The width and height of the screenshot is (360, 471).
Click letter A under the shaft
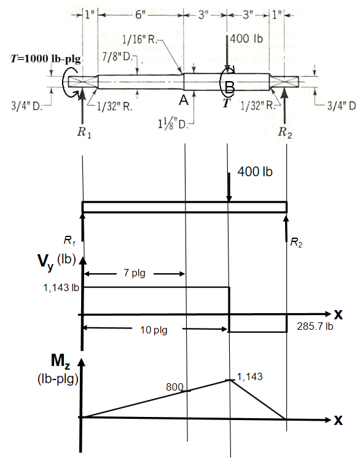[182, 100]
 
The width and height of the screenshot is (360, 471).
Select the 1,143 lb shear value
[60, 287]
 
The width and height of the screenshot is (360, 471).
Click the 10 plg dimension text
[151, 330]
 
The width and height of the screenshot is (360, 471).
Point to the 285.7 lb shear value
[315, 327]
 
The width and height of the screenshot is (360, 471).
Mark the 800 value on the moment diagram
[175, 387]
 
